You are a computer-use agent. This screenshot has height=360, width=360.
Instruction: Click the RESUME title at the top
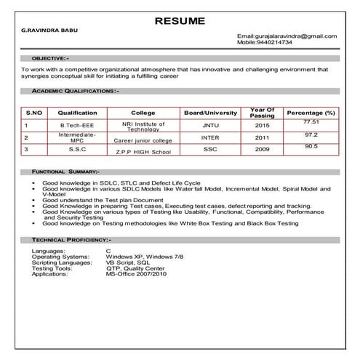point(180,20)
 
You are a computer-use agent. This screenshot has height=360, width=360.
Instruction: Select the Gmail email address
point(287,36)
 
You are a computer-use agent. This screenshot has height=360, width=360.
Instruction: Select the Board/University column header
point(210,113)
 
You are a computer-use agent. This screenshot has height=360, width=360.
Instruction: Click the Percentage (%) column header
point(311,113)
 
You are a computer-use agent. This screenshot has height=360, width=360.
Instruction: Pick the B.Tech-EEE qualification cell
point(78,125)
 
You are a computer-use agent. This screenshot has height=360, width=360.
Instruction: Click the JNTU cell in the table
point(210,125)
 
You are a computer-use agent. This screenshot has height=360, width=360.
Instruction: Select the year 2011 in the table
point(262,137)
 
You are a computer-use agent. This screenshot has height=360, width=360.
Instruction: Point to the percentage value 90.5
point(311,147)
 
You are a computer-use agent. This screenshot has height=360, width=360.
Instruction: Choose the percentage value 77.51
point(311,122)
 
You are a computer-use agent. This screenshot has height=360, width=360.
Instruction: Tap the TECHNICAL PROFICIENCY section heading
point(71,239)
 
